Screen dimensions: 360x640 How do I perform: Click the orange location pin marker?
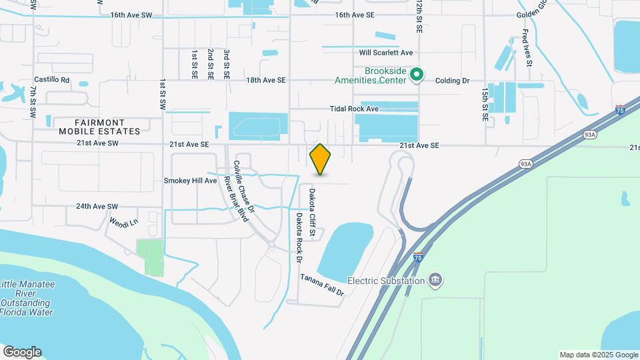coord(321,159)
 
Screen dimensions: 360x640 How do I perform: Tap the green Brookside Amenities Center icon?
coord(417,75)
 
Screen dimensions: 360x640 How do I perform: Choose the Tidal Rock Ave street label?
coord(354,109)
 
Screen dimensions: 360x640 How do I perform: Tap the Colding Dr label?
coord(452,81)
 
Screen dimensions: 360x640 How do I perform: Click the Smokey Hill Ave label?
coord(191,181)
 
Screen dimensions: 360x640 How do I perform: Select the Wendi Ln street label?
coord(123,222)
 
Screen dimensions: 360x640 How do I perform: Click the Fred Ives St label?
coord(526,48)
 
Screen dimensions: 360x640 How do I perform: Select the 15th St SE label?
coord(485,105)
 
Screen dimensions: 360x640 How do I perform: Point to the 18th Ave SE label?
coord(265,80)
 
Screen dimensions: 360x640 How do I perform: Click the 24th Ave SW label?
coord(97,207)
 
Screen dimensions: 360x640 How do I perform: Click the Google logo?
coord(21,351)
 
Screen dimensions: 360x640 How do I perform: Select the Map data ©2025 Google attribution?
coord(599,355)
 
